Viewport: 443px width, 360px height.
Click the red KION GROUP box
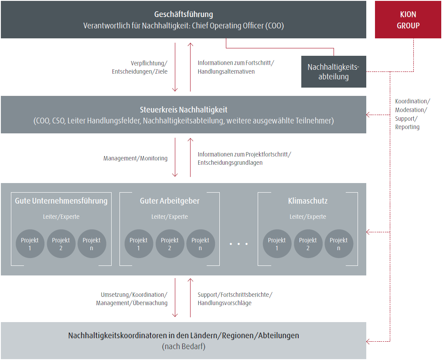[x=408, y=20]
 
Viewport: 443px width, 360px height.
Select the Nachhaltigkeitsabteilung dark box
[x=334, y=72]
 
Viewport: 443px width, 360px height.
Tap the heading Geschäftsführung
[x=184, y=15]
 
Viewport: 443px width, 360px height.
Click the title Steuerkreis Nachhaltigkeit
[x=184, y=110]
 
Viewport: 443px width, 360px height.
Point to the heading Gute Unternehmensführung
[x=61, y=201]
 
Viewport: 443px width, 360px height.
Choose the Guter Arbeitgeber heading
[x=170, y=201]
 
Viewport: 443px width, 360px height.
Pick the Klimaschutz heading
[x=308, y=201]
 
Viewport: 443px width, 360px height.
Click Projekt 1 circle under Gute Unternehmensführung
[x=30, y=244]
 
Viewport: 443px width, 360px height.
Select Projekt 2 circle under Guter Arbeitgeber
[x=170, y=244]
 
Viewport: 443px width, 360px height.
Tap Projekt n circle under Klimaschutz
[x=339, y=244]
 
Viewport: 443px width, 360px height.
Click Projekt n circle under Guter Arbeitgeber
[x=201, y=244]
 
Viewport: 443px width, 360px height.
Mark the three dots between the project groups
[x=239, y=244]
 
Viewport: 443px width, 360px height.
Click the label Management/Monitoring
[x=135, y=158]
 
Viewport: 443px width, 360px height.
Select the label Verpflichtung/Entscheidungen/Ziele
[x=140, y=67]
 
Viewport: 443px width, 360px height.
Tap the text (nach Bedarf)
[x=184, y=347]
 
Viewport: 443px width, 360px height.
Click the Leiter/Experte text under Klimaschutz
[x=308, y=217]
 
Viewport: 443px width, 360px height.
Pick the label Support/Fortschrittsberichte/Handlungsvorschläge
[x=235, y=299]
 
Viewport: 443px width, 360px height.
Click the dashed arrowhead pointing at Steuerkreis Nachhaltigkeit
[x=369, y=115]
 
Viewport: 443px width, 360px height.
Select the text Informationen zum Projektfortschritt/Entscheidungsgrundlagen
[x=244, y=158]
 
